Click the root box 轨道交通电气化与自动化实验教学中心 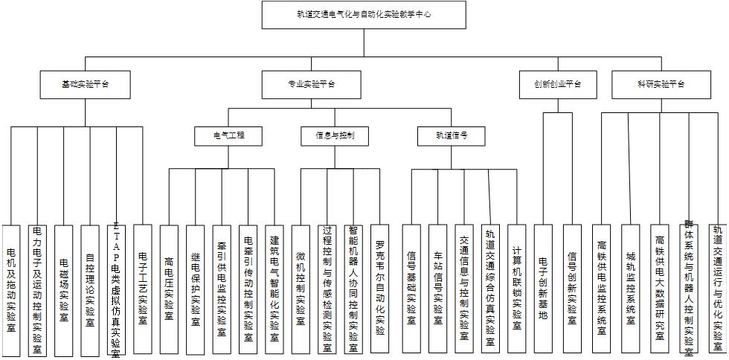click(x=364, y=14)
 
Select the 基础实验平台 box click(x=86, y=84)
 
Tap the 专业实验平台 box click(x=311, y=84)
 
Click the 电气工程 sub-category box click(x=228, y=136)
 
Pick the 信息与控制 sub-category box click(x=335, y=136)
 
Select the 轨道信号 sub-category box click(x=452, y=136)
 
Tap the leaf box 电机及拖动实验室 click(x=11, y=289)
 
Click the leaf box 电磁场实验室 click(x=64, y=289)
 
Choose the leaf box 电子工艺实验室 click(x=143, y=289)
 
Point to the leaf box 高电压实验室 click(x=169, y=289)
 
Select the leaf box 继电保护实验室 click(x=196, y=289)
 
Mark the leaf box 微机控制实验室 click(x=301, y=289)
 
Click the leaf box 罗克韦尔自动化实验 click(x=379, y=289)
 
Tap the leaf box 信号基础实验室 click(x=411, y=289)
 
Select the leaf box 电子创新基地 click(x=544, y=289)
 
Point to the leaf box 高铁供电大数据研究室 click(x=659, y=289)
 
